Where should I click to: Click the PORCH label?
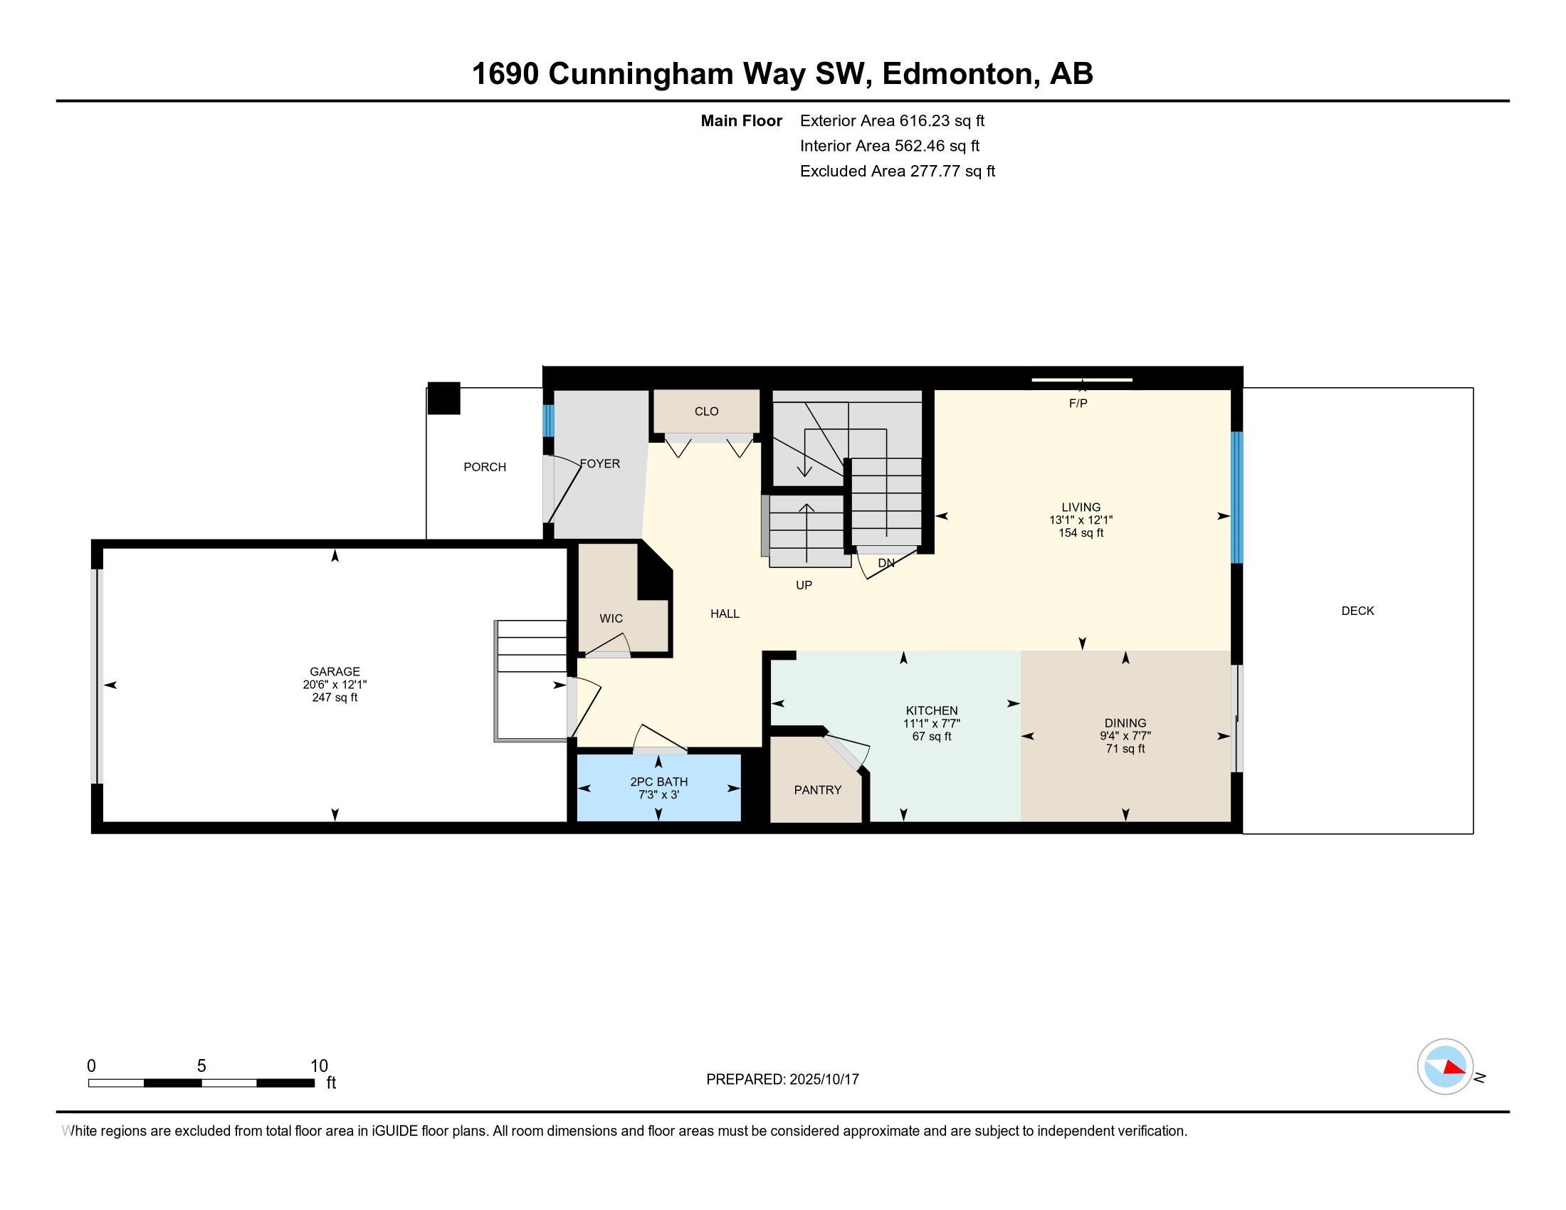click(x=485, y=468)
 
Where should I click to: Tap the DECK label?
click(x=1357, y=611)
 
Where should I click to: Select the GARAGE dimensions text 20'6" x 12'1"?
click(x=335, y=685)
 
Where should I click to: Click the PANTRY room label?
click(x=817, y=790)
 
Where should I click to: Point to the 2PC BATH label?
click(x=659, y=782)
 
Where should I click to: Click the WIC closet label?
click(x=611, y=619)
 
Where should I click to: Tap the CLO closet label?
click(x=706, y=411)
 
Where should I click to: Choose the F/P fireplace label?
click(x=1078, y=404)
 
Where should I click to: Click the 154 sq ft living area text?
click(x=1081, y=532)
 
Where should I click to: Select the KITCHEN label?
click(x=932, y=711)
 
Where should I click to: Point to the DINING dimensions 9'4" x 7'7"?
click(x=1125, y=735)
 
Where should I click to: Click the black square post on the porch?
click(x=444, y=399)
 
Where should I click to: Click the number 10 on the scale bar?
click(x=319, y=1066)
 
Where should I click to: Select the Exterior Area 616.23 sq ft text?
click(x=892, y=121)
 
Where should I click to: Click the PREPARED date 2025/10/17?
click(x=824, y=1080)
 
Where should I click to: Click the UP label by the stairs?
click(x=804, y=586)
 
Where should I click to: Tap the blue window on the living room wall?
click(x=1237, y=498)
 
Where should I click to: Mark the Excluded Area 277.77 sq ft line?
click(x=898, y=172)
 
